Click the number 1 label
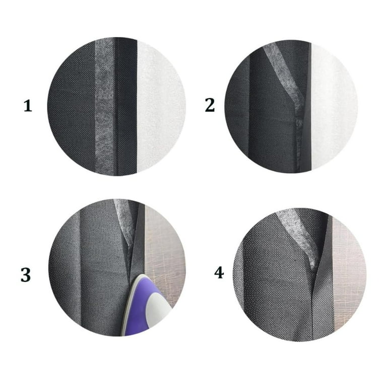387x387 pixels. tap(28, 106)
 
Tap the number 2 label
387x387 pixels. tap(210, 105)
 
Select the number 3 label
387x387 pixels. tap(26, 275)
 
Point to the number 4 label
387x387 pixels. tap(219, 273)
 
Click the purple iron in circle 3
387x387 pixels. tap(145, 306)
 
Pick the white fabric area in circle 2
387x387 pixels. tap(333, 106)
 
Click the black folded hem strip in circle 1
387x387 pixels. tap(126, 106)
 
